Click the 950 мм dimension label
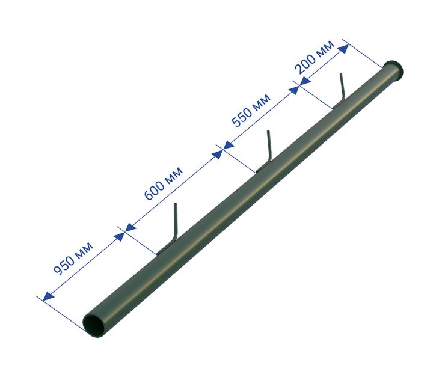73,259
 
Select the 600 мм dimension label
163,183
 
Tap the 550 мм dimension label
251,110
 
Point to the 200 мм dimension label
315,57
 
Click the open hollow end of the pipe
94,326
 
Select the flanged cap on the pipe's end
393,71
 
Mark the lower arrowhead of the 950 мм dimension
48,296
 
